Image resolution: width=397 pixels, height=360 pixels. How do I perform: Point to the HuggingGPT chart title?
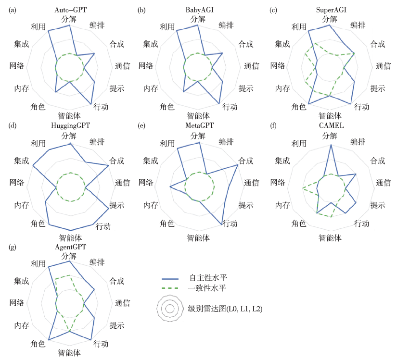[71, 126]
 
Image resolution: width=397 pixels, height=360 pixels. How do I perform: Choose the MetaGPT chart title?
[200, 126]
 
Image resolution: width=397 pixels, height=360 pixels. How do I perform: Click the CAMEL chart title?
[330, 126]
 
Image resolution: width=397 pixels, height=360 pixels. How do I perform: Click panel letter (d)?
[13, 126]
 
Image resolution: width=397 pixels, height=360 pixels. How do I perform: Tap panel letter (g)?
[13, 247]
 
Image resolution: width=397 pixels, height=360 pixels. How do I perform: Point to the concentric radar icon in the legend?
[169, 308]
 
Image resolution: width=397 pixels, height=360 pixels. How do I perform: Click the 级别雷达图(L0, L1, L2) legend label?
[225, 308]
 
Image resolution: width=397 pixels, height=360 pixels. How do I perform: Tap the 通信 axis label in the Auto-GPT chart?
[123, 66]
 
